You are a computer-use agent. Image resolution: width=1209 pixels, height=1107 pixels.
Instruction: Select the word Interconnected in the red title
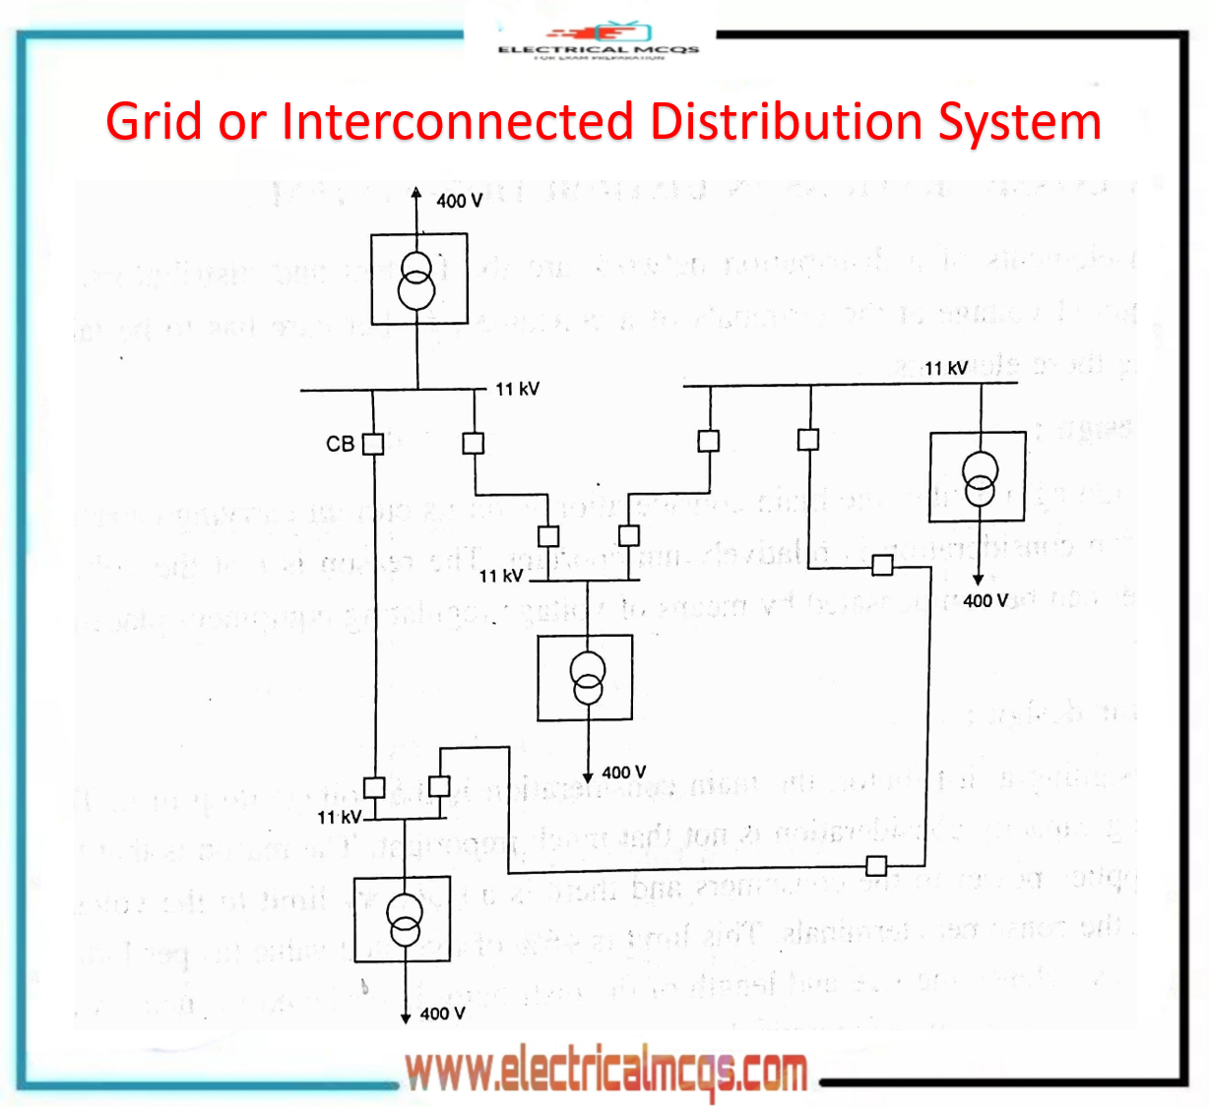point(458,122)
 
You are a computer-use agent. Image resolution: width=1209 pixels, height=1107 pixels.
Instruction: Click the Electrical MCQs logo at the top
point(598,42)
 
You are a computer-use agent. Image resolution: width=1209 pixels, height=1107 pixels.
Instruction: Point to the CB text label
point(340,445)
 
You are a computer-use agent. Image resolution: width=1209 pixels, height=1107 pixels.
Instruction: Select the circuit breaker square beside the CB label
point(373,444)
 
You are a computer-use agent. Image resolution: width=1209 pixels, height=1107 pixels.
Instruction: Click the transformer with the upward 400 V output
point(418,279)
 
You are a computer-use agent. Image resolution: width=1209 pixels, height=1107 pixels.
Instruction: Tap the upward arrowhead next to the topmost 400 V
point(416,194)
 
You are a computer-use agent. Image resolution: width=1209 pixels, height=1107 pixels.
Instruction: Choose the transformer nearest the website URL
point(403,919)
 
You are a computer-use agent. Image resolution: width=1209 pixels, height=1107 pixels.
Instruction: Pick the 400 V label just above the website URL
point(442,1014)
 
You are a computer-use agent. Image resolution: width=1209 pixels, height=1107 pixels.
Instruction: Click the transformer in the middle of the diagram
point(586,678)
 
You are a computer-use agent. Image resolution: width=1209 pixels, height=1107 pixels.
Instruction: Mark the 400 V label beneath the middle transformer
point(623,772)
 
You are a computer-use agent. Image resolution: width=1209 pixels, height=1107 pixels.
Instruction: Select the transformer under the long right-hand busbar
point(978,477)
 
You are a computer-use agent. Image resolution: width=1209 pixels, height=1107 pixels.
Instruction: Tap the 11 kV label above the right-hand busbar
point(945,368)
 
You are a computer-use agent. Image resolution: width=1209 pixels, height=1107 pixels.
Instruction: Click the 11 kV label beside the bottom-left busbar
point(339,817)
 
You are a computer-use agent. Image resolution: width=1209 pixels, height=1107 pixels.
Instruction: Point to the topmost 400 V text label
point(459,201)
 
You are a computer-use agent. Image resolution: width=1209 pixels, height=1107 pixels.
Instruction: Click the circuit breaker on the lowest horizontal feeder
point(876,866)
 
